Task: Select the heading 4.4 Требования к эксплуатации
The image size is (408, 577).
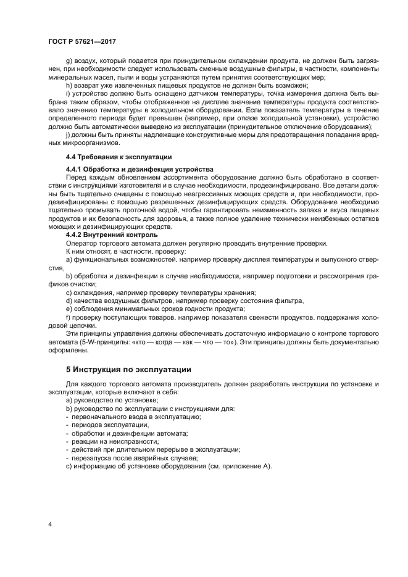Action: tap(110, 157)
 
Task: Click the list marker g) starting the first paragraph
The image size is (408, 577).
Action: tap(69, 62)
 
